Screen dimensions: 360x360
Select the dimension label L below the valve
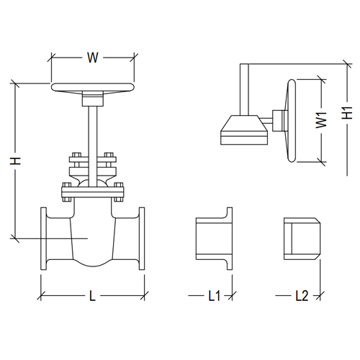tap(92, 295)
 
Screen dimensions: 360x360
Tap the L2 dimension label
tap(302, 295)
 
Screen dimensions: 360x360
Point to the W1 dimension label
tap(321, 120)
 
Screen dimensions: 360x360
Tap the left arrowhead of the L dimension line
tap(42, 295)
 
